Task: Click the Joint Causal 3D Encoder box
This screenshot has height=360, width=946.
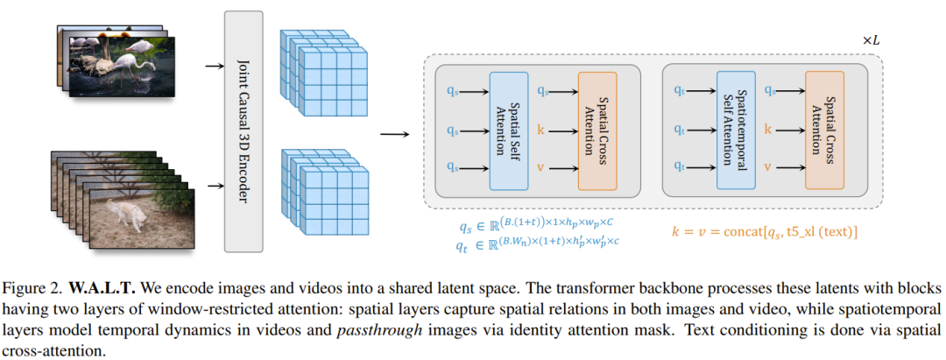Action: coord(244,131)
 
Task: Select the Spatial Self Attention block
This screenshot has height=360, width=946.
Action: coord(508,131)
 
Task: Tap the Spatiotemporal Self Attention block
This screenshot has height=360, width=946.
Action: coord(736,131)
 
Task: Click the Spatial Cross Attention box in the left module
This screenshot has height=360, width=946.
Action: coord(597,131)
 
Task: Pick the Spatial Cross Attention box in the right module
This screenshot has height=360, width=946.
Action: coord(824,131)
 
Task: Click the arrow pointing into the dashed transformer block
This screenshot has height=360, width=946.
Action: coord(394,134)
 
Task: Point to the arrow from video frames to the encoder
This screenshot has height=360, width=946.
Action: coord(213,185)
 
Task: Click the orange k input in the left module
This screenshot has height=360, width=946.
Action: coord(540,129)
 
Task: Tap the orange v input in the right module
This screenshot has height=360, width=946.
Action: coord(768,166)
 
